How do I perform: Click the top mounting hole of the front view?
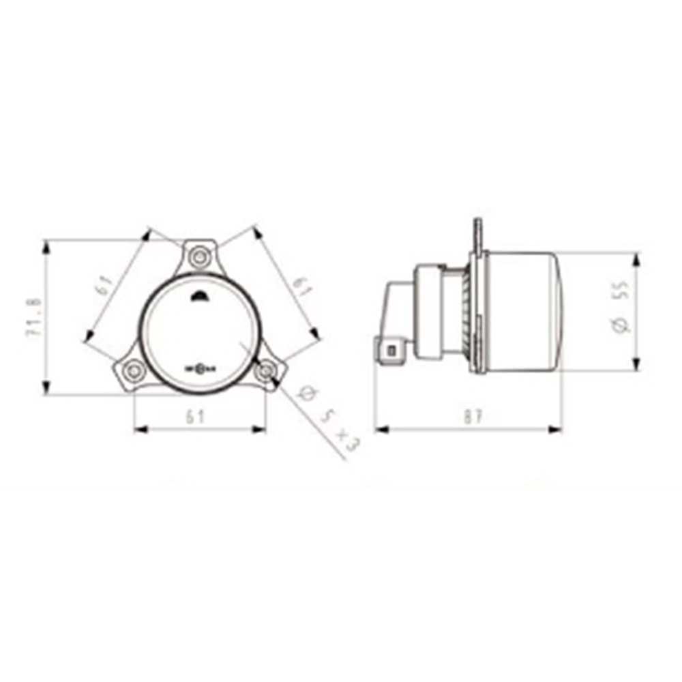click(198, 257)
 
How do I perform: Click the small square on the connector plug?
click(392, 350)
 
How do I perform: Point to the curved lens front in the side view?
click(561, 310)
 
